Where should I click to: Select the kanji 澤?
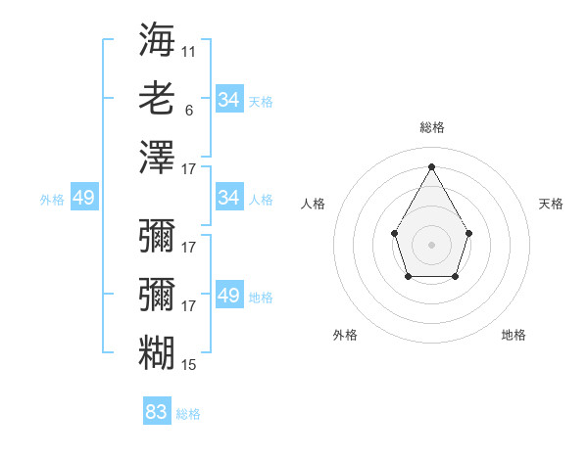[157, 158]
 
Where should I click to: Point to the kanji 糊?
[157, 352]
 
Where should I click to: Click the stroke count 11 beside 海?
[189, 50]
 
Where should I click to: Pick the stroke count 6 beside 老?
[189, 111]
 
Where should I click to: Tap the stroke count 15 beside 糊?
[189, 365]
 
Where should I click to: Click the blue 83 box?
[157, 412]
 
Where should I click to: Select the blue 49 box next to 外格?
[83, 198]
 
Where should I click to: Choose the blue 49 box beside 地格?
[228, 296]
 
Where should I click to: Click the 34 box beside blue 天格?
[228, 100]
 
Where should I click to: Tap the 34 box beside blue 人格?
[228, 198]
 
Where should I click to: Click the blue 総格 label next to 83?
[188, 414]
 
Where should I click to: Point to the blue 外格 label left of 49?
[52, 200]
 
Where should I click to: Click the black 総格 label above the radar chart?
[431, 127]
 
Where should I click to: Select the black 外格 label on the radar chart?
[345, 335]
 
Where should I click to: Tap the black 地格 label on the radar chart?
[514, 335]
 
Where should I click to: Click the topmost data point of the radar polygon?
[431, 166]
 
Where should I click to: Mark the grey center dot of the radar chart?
[431, 244]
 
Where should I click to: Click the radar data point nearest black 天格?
[469, 233]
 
